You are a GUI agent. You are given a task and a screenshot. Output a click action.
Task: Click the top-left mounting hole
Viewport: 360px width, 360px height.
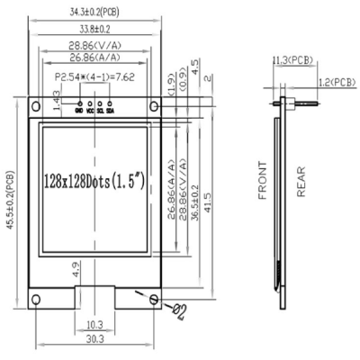[x=36, y=109]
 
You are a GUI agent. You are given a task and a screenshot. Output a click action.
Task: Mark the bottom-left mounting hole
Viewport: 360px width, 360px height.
[x=36, y=299]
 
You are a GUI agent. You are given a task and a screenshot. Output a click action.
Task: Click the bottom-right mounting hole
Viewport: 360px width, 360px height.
[x=154, y=299]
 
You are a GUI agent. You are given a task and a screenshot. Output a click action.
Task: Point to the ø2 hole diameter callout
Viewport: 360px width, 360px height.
[x=179, y=311]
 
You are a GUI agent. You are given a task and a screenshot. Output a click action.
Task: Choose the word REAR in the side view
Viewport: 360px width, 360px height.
[x=301, y=180]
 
